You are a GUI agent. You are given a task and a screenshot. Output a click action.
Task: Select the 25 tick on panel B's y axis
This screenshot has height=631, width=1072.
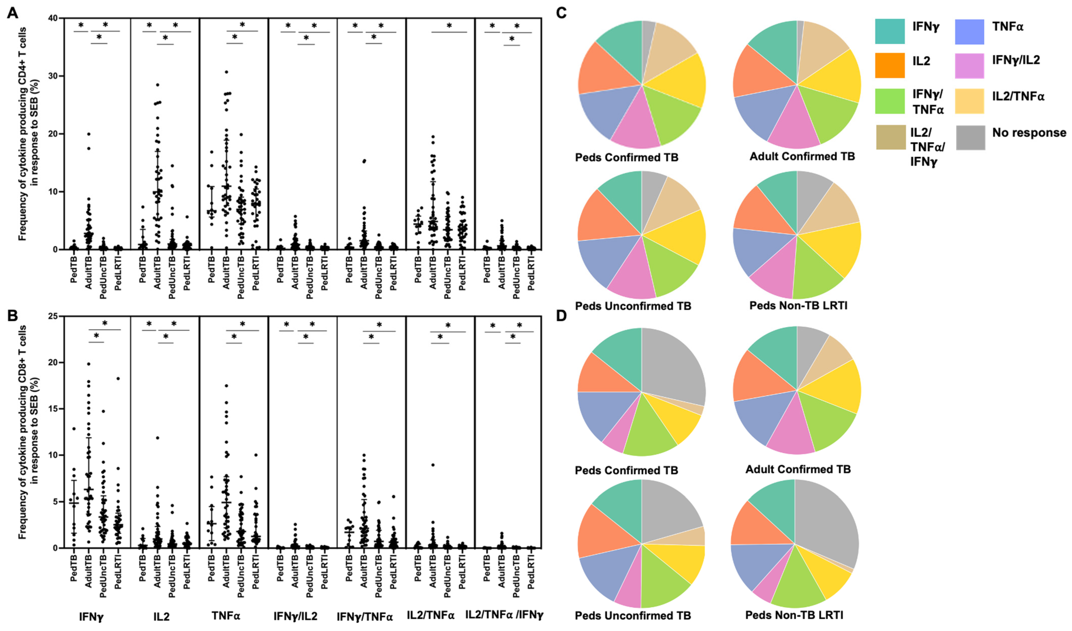click(x=53, y=316)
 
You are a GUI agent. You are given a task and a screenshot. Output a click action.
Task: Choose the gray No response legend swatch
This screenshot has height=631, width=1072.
click(x=970, y=137)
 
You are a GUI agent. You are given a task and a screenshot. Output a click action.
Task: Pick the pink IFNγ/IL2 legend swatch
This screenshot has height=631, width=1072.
click(x=969, y=66)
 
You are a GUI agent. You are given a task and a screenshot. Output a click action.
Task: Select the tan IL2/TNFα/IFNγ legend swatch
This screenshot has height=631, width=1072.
click(x=890, y=137)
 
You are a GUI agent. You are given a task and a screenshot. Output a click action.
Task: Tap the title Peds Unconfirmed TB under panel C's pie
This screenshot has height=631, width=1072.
click(x=633, y=306)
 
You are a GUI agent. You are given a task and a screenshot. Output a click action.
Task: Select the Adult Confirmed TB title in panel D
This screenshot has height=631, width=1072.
click(x=798, y=469)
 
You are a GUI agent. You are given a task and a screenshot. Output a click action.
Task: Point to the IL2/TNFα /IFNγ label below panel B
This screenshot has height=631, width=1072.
click(x=504, y=615)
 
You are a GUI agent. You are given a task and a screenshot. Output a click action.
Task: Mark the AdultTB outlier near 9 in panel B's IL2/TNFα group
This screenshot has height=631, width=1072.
click(x=433, y=465)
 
